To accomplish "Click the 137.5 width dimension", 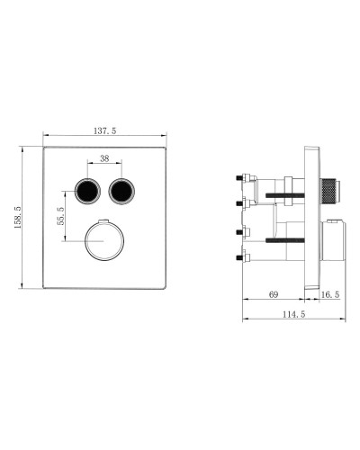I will [104, 131].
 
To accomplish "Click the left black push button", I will [87, 191].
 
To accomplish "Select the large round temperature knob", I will [104, 240].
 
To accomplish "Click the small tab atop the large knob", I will [104, 220].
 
